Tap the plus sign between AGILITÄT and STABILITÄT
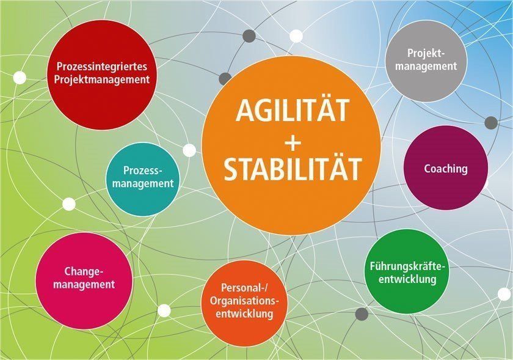(x=293, y=143)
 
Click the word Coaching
(x=446, y=169)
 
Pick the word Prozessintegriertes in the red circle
(x=102, y=67)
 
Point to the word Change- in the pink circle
(x=84, y=271)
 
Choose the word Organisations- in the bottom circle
(x=244, y=300)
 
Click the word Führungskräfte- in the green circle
(x=407, y=266)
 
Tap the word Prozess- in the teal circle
(x=143, y=171)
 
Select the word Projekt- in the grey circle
(x=426, y=53)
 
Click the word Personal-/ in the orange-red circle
(x=244, y=288)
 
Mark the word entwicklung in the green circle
(x=407, y=279)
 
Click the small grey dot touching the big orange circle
(x=225, y=79)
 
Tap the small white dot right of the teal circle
(x=189, y=150)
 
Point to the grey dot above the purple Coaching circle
(x=491, y=123)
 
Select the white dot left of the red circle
(x=20, y=78)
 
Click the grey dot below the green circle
(x=362, y=314)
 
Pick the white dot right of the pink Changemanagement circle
(x=164, y=310)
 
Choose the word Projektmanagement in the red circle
(x=102, y=79)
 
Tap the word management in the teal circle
(x=143, y=183)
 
